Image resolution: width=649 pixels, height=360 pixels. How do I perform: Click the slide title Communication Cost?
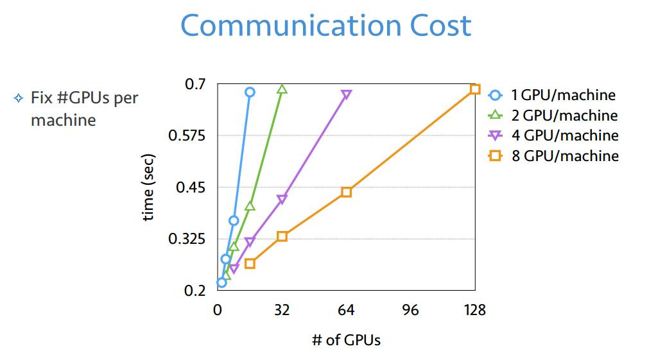click(326, 26)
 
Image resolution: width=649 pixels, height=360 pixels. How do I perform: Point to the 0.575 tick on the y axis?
click(186, 135)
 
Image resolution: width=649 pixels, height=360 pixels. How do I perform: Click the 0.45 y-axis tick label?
click(191, 187)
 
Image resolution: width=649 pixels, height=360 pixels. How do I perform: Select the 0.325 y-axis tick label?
click(186, 239)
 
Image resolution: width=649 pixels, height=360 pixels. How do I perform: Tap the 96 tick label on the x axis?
click(410, 311)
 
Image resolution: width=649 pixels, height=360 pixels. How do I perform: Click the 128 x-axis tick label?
click(474, 311)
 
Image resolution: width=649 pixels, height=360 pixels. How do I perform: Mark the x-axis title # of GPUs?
click(346, 340)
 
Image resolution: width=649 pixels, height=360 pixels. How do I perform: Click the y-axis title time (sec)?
click(148, 187)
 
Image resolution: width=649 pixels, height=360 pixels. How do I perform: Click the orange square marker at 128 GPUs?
click(475, 89)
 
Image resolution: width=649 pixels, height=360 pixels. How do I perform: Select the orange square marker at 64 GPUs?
click(346, 192)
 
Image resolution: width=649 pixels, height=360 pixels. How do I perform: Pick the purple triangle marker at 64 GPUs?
click(346, 95)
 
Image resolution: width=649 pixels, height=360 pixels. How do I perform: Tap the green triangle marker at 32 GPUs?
click(282, 89)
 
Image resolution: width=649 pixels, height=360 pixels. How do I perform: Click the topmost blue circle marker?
click(250, 92)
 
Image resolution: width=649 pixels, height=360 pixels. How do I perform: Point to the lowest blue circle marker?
click(221, 282)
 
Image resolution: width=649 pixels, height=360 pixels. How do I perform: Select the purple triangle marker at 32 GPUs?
click(282, 200)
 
